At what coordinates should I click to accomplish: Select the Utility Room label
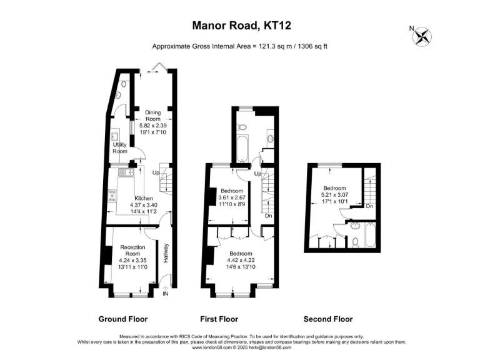pos(120,148)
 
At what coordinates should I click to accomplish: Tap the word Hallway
pos(166,252)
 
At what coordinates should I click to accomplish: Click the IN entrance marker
pos(166,294)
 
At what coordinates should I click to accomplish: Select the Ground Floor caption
pos(123,319)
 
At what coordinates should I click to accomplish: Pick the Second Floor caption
pos(329,319)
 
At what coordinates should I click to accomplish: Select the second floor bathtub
pos(370,236)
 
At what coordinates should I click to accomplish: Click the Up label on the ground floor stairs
pos(155,172)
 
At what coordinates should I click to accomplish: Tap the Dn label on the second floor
pos(369,206)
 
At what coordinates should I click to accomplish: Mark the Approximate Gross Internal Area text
pos(240,46)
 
